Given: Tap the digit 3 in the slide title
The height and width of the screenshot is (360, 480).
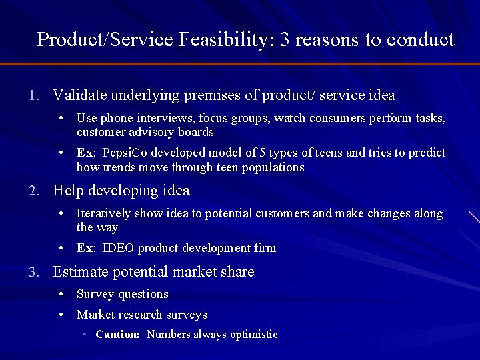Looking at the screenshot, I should [x=285, y=40].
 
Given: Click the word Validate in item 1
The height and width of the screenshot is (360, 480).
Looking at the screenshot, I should [x=77, y=95].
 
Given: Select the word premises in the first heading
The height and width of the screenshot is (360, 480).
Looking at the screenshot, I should [x=213, y=95].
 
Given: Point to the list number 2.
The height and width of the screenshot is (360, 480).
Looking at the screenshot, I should [x=33, y=191].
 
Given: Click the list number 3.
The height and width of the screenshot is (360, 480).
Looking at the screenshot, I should [x=33, y=272].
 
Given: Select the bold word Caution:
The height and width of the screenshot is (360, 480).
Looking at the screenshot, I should [x=117, y=335].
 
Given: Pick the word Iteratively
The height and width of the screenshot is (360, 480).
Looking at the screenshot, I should [x=104, y=213].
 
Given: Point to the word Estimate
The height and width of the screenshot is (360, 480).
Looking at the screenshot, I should [x=79, y=272].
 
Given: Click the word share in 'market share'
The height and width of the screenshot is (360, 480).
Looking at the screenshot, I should [x=239, y=272].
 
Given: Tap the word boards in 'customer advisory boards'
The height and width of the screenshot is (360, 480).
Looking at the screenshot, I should [x=197, y=132].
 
